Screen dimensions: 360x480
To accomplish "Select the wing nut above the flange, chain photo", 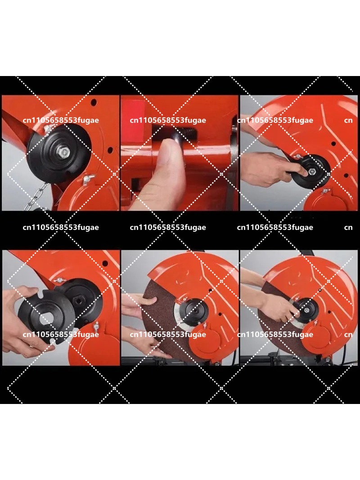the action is (x=47, y=130).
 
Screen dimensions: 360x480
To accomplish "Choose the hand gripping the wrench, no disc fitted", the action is (x=270, y=168).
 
